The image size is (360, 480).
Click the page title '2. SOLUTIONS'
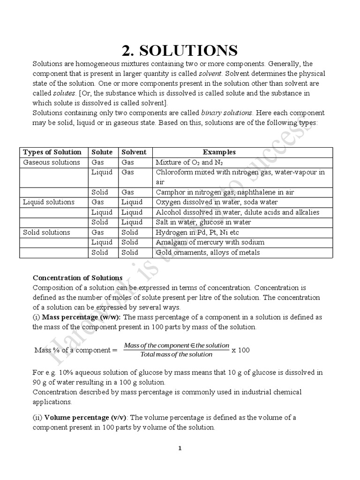coord(180,50)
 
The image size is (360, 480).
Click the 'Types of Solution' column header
coord(52,152)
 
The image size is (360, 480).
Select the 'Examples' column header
coord(219,152)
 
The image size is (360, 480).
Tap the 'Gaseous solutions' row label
coord(52,162)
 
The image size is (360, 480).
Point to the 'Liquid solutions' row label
coord(49,202)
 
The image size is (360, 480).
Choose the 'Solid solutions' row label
coord(47,232)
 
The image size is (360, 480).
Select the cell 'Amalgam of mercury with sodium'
coord(210,242)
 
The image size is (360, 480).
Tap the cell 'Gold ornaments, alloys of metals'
coord(208,252)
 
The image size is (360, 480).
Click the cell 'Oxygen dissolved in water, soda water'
coord(217,202)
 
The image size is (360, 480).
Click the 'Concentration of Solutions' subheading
coord(77,277)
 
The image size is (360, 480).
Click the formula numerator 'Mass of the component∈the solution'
coord(177,345)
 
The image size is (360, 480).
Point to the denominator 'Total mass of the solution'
coord(176,354)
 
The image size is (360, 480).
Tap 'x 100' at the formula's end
coord(241,350)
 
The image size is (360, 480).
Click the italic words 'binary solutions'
coord(227,113)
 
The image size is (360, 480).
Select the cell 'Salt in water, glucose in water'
coord(203,222)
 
